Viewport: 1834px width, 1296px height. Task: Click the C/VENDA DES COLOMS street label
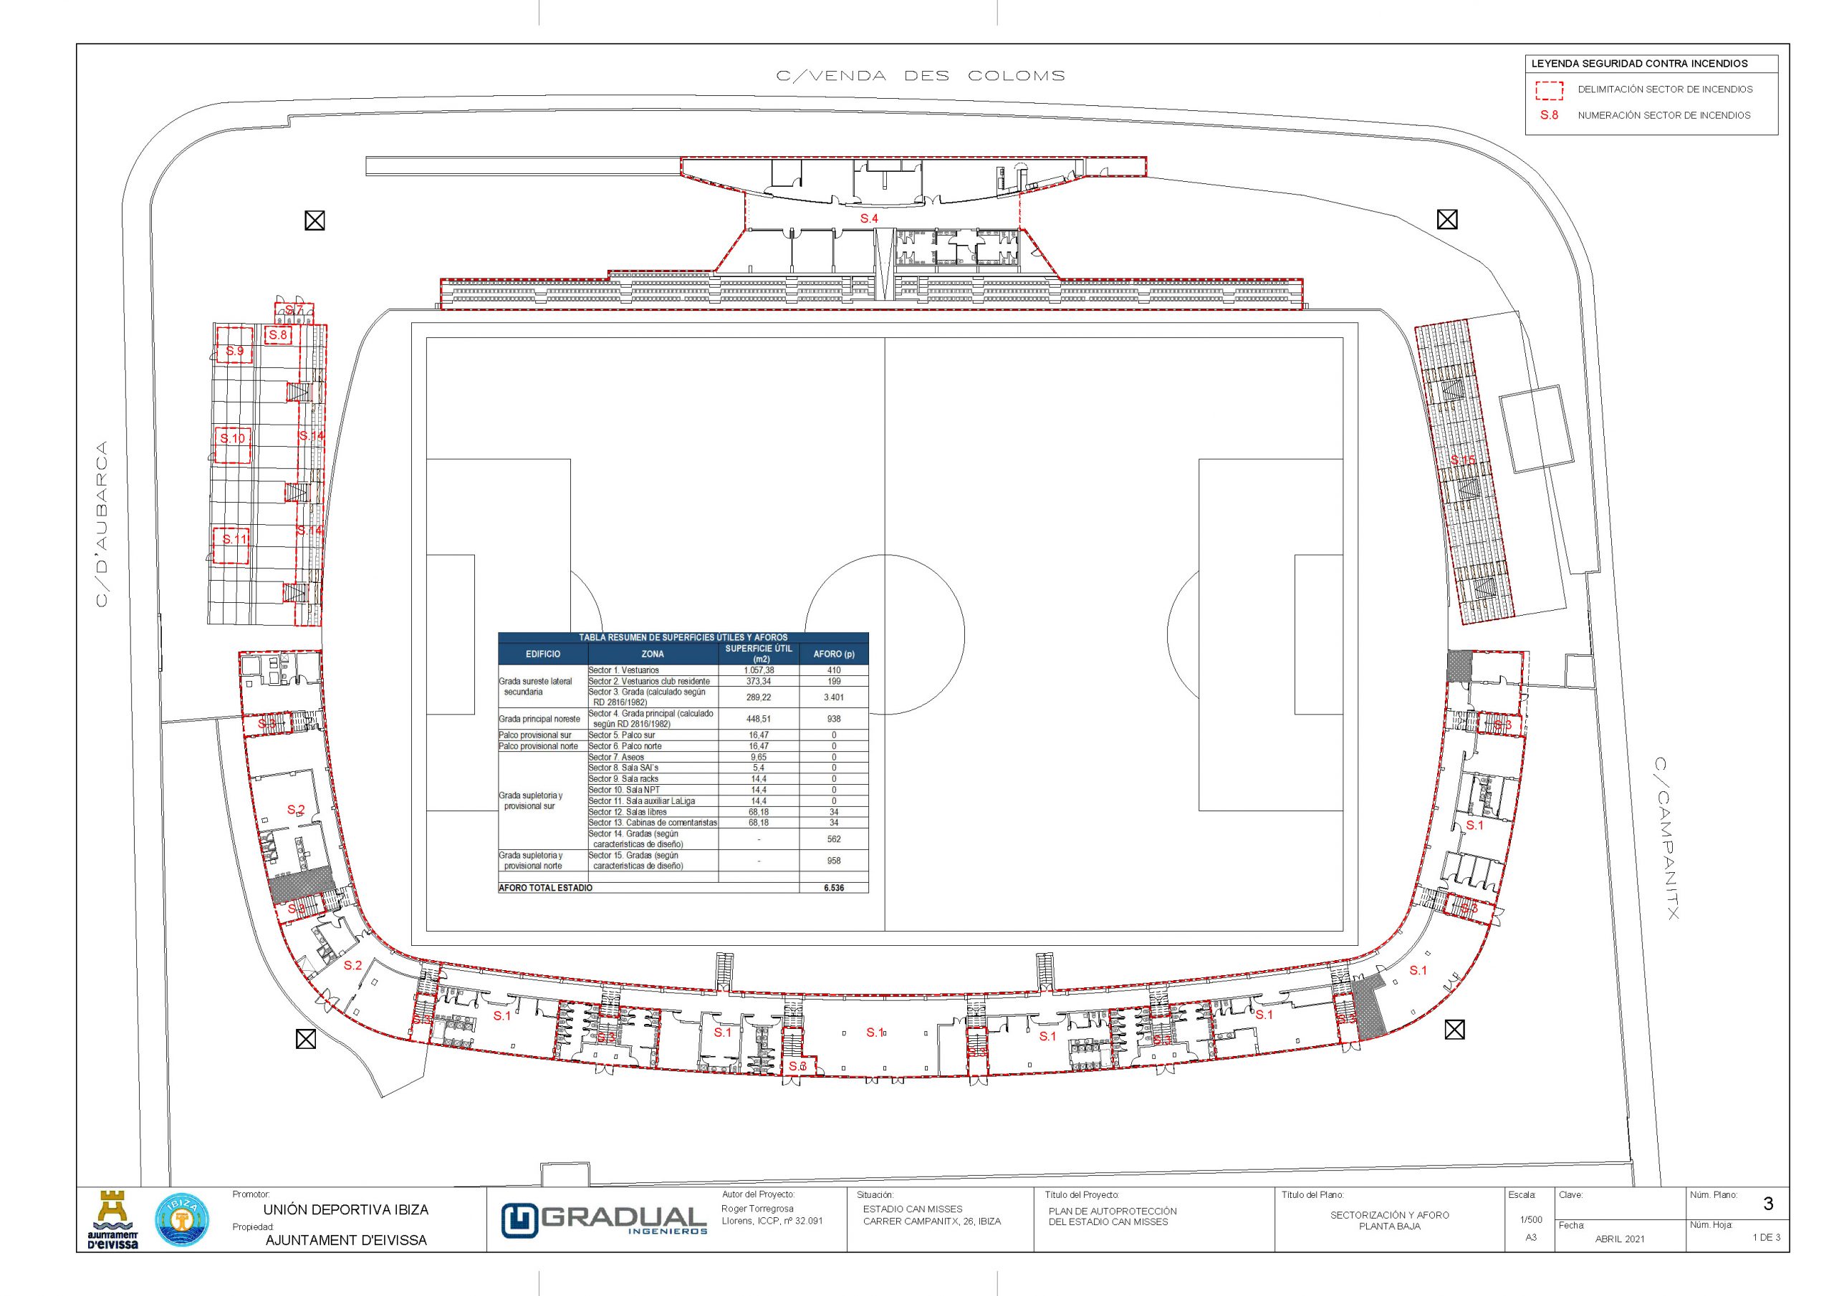[920, 77]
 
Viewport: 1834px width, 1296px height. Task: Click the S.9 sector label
[234, 351]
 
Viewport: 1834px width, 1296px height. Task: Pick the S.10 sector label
[232, 438]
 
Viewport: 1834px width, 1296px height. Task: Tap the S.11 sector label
[234, 539]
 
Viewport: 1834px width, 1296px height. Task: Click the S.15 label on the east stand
[1463, 460]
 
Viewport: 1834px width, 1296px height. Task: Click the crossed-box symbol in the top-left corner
[315, 221]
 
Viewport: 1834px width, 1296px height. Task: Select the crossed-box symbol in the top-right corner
[1446, 219]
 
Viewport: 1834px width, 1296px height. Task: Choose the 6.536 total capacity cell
[833, 887]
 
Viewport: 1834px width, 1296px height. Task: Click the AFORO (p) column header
[833, 654]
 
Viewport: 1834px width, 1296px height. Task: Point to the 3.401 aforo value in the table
[833, 697]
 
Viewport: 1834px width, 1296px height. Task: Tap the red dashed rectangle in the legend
[1549, 90]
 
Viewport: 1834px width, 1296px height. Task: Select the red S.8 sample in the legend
[1549, 116]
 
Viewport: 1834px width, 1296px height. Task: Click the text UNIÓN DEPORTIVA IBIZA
[346, 1210]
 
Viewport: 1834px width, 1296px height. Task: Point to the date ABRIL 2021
[1619, 1239]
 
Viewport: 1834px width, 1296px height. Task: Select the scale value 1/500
[1530, 1220]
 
